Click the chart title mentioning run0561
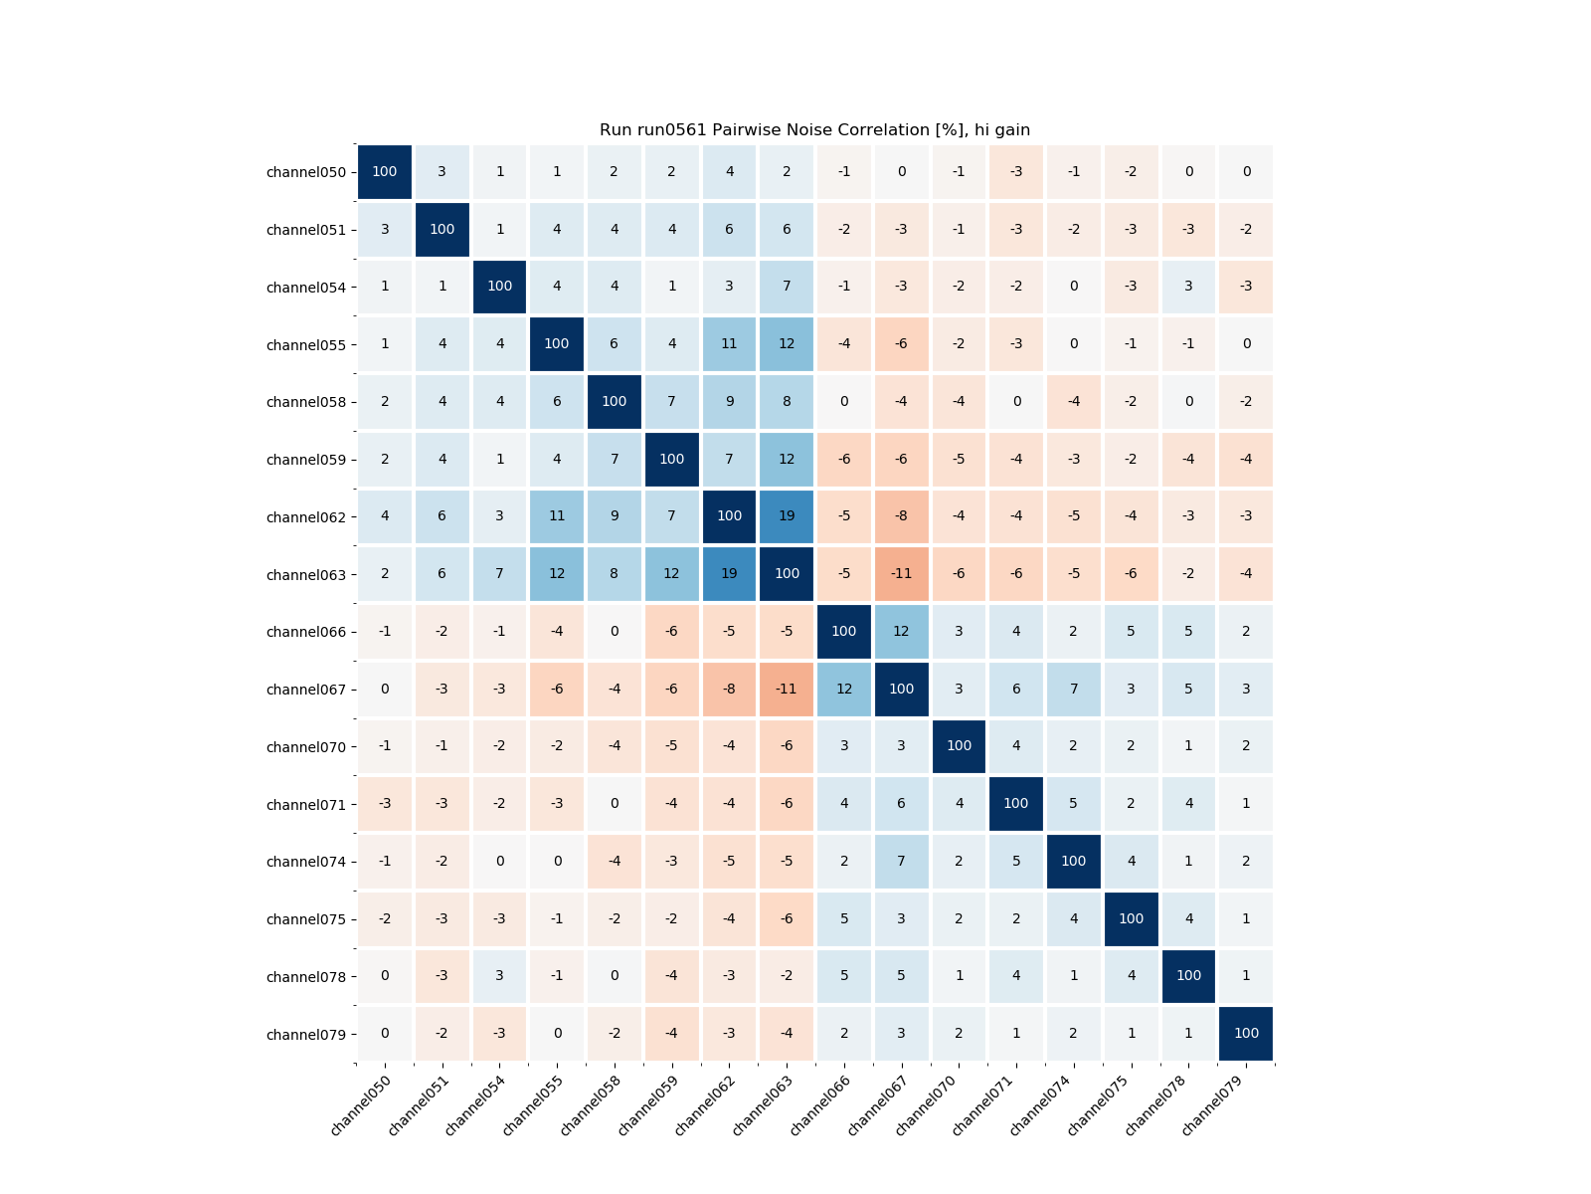point(814,130)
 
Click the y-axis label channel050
point(306,172)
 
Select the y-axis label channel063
point(306,575)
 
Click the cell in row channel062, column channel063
point(787,516)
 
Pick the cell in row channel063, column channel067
point(901,574)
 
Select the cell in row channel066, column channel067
point(901,631)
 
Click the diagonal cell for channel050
point(385,172)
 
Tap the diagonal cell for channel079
point(1246,1034)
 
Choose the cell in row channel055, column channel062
point(729,344)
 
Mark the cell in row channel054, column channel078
point(1188,287)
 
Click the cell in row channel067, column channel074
point(1073,689)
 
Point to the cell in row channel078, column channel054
point(499,976)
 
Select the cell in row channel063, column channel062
point(729,574)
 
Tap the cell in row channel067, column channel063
point(787,689)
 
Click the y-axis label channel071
point(306,805)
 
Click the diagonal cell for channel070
point(959,746)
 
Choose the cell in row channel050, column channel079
point(1246,172)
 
